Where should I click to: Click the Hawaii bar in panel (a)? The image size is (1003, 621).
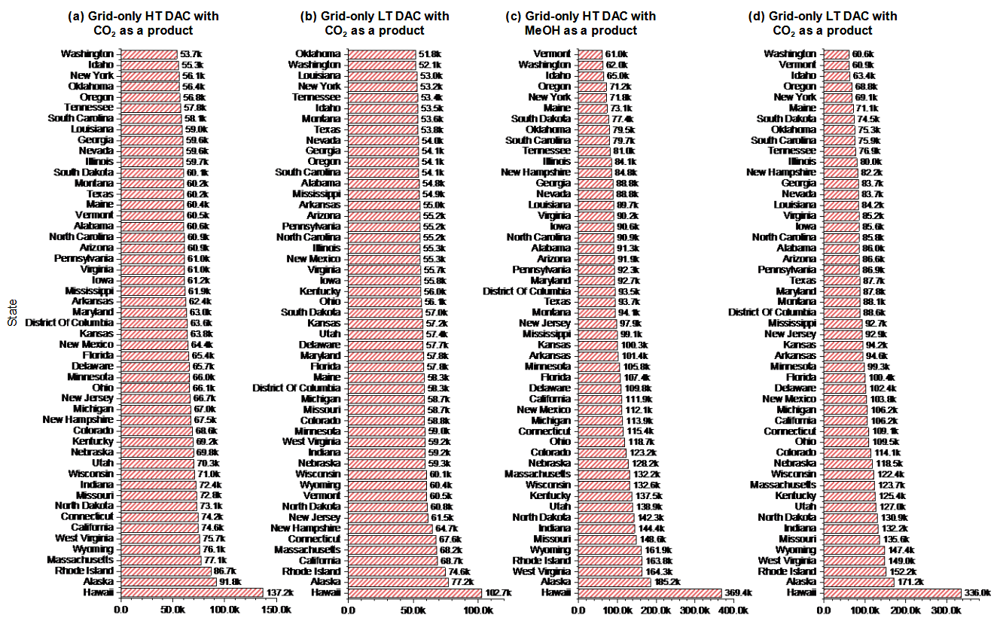tap(191, 592)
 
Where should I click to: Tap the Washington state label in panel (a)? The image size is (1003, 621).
tap(87, 53)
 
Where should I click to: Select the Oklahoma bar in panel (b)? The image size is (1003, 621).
tap(381, 53)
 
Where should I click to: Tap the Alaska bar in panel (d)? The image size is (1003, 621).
tap(858, 582)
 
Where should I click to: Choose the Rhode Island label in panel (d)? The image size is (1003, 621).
tap(785, 571)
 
